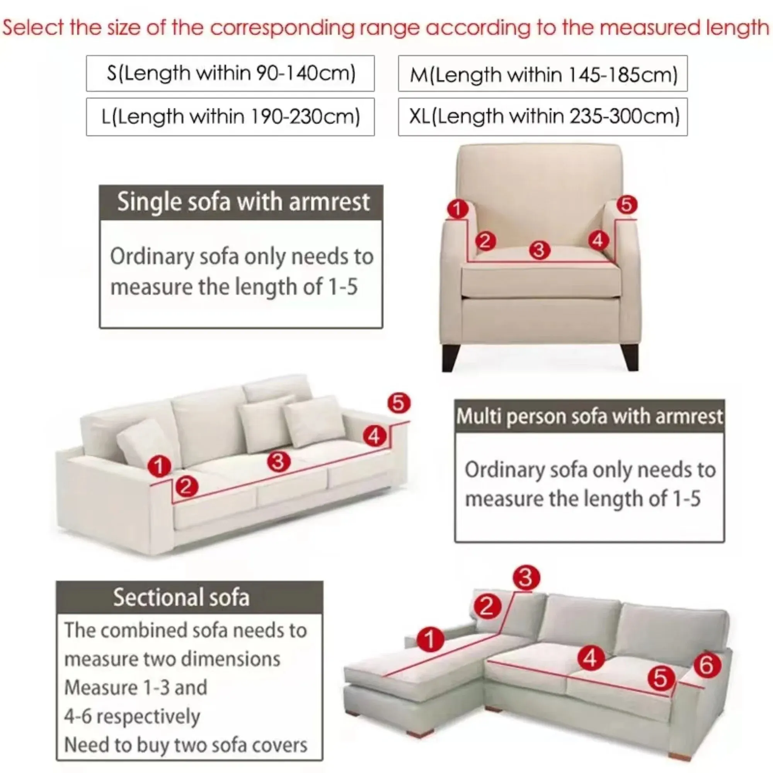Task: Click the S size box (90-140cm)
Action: [230, 73]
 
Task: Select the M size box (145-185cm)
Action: [543, 73]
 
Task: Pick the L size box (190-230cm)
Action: [230, 116]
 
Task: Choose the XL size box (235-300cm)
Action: [543, 116]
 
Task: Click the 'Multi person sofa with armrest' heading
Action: [589, 416]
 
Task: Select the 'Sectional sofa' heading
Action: [181, 598]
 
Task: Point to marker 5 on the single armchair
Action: [627, 204]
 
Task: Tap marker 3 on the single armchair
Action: [539, 250]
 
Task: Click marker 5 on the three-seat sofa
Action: [398, 403]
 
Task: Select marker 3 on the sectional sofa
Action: [526, 577]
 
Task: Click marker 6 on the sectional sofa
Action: [707, 666]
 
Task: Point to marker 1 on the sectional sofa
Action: [430, 639]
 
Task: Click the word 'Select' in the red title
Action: [33, 27]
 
